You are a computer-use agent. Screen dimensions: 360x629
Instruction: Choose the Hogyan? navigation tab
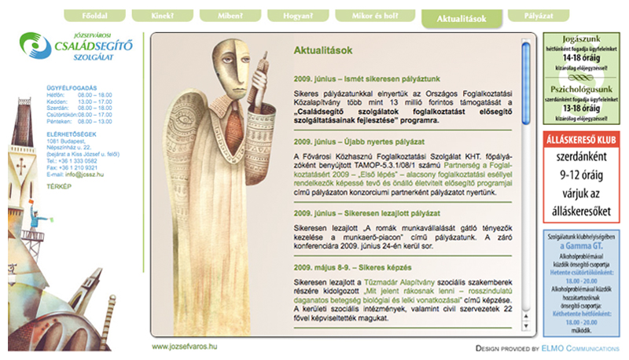[x=298, y=16]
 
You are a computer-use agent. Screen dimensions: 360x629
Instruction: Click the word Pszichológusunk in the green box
[x=582, y=89]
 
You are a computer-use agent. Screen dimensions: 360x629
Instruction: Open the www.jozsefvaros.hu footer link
[x=184, y=346]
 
